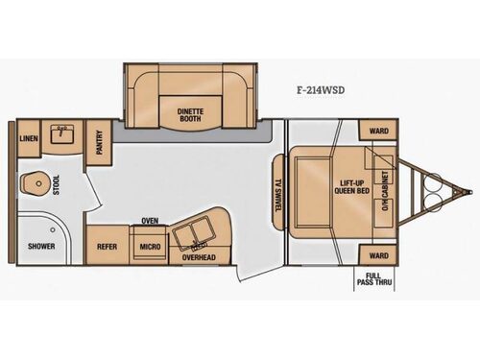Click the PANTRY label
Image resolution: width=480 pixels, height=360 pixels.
99,143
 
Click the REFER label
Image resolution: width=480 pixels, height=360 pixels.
106,247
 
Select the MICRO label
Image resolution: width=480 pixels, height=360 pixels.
149,247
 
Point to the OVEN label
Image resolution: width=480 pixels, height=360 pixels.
150,220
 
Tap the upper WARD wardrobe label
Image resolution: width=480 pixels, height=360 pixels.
378,131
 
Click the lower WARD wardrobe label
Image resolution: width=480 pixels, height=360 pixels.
378,256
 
